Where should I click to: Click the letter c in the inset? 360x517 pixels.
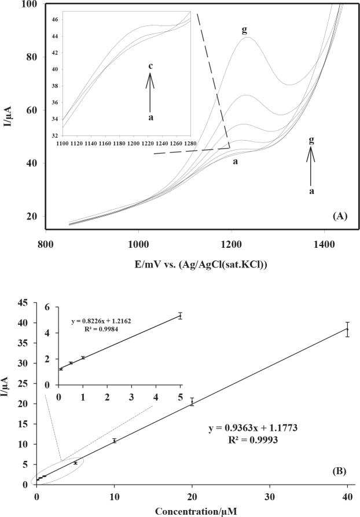[150, 67]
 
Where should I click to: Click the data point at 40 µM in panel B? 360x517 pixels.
[347, 329]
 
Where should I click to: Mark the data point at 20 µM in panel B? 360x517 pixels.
[192, 401]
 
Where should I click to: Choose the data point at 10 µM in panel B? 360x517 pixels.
[115, 441]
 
